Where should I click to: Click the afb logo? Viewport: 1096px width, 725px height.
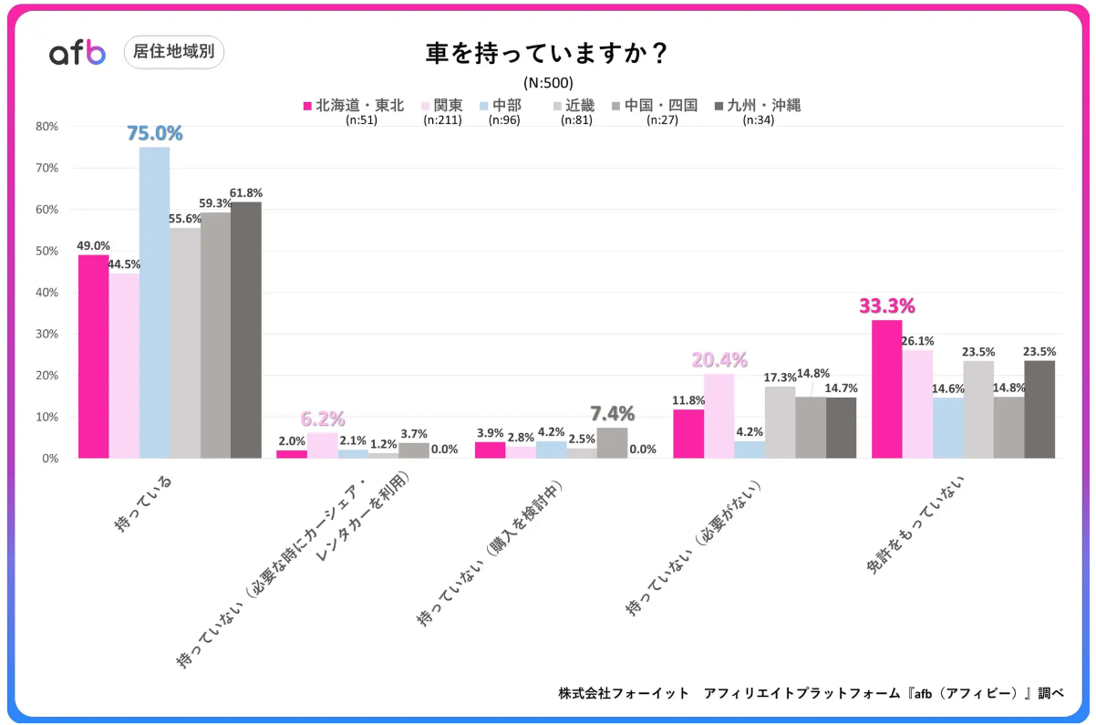pyautogui.click(x=78, y=52)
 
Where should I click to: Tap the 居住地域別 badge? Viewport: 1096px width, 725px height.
pyautogui.click(x=173, y=51)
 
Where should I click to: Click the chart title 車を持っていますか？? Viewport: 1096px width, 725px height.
pyautogui.click(x=546, y=53)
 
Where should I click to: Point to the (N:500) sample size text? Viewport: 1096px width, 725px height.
pyautogui.click(x=548, y=83)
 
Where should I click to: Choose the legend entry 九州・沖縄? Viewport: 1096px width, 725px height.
pyautogui.click(x=759, y=105)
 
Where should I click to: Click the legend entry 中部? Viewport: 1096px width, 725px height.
pyautogui.click(x=501, y=105)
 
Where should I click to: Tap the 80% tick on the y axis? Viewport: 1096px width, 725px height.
pyautogui.click(x=47, y=127)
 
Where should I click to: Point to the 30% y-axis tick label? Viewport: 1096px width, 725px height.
pyautogui.click(x=47, y=334)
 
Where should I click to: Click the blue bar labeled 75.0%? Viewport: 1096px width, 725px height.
pyautogui.click(x=155, y=303)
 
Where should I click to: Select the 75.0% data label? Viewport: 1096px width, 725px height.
pyautogui.click(x=155, y=133)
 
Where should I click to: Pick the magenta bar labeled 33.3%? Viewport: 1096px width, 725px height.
pyautogui.click(x=886, y=389)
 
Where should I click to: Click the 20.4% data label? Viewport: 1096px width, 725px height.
pyautogui.click(x=719, y=360)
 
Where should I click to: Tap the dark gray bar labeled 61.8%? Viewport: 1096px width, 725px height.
pyautogui.click(x=246, y=330)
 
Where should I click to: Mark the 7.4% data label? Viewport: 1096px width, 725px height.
pyautogui.click(x=612, y=414)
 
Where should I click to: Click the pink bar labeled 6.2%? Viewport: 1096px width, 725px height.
pyautogui.click(x=323, y=446)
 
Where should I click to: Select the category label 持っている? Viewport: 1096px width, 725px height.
pyautogui.click(x=143, y=503)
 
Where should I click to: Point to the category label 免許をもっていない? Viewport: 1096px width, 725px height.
pyautogui.click(x=915, y=524)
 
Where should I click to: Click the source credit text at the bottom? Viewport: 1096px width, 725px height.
pyautogui.click(x=812, y=693)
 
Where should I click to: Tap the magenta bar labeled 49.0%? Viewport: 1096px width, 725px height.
pyautogui.click(x=93, y=357)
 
